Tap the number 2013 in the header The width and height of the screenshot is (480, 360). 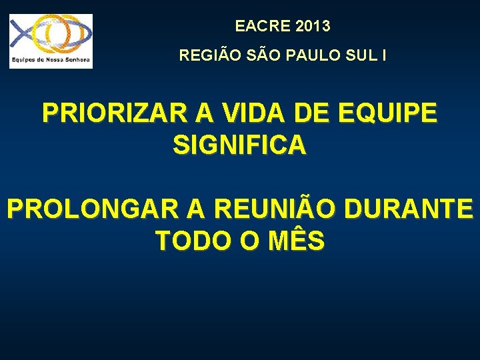[x=310, y=27]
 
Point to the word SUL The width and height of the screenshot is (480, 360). [x=359, y=55]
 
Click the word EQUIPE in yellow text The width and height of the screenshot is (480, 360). [x=388, y=113]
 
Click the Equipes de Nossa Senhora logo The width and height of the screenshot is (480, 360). [x=51, y=36]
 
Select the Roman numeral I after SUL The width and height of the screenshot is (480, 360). [x=383, y=55]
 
